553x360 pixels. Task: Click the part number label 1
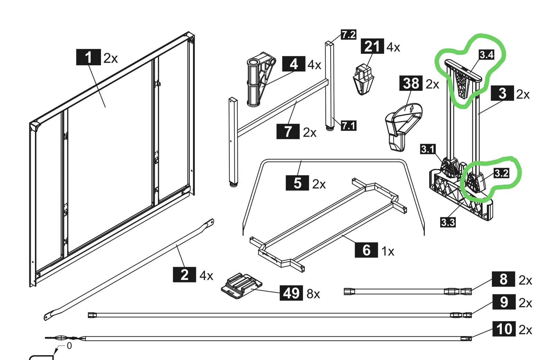click(88, 57)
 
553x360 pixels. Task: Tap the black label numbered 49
click(291, 293)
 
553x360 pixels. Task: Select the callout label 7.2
click(348, 35)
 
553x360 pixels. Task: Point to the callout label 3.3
click(448, 222)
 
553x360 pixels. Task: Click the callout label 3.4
click(486, 54)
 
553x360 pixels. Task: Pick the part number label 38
click(411, 83)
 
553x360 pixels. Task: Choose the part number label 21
click(372, 46)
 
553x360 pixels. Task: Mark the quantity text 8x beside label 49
click(313, 294)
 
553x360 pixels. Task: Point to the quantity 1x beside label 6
click(388, 251)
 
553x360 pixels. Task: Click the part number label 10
click(504, 329)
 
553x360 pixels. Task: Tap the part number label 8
click(503, 279)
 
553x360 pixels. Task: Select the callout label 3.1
click(428, 149)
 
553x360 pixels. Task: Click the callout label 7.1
click(348, 125)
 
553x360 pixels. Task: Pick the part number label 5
click(297, 183)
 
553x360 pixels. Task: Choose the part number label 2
click(184, 275)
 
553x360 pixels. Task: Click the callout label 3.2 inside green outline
click(501, 173)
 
